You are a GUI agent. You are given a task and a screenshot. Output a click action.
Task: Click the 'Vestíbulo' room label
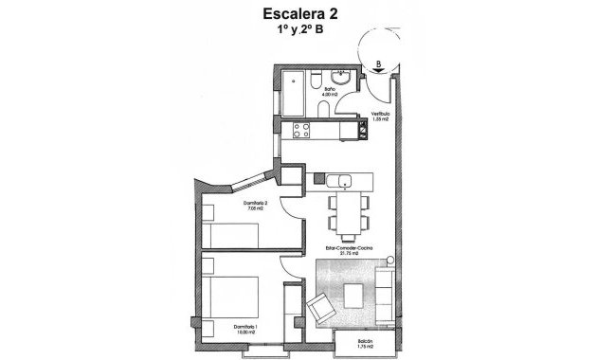[x=380, y=115]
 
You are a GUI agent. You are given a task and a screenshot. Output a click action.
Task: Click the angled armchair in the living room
[x=321, y=307]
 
